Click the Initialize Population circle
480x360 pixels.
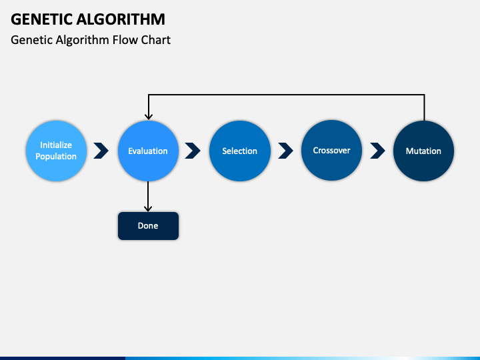56,151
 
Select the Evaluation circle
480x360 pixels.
148,151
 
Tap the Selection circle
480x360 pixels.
240,151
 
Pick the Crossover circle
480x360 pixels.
331,150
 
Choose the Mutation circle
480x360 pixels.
424,151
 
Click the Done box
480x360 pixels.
148,226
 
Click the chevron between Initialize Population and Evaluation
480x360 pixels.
101,151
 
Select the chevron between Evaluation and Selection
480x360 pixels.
193,151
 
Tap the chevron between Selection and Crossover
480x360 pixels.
285,151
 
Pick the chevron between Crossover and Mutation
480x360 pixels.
377,151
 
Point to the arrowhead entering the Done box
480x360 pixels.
148,209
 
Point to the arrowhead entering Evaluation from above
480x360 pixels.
149,117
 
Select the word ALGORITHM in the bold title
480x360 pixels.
121,19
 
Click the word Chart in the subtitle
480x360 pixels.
156,40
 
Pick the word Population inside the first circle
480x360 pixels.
56,157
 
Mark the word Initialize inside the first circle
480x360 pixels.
56,145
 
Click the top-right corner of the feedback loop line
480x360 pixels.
424,95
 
